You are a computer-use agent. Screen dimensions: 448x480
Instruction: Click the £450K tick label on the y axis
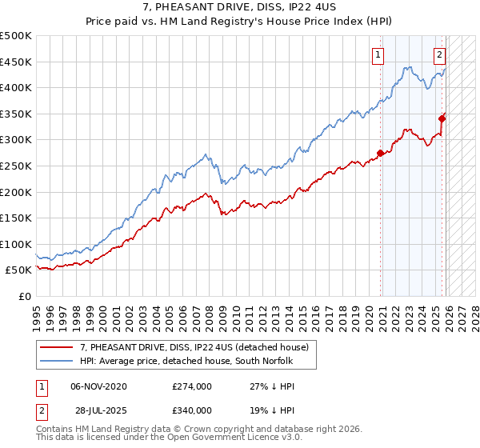coord(16,62)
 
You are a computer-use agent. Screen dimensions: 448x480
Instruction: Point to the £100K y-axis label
coord(16,244)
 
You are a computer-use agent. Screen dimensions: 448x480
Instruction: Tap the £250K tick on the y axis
coord(16,166)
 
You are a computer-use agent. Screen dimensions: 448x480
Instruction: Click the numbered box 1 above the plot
coord(377,55)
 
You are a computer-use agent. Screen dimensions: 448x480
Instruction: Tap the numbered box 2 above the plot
coord(440,55)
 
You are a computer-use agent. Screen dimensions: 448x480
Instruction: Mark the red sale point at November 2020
coord(381,154)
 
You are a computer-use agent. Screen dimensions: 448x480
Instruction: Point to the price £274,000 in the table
coord(192,386)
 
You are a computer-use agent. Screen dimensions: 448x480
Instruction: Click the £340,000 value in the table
coord(192,409)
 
